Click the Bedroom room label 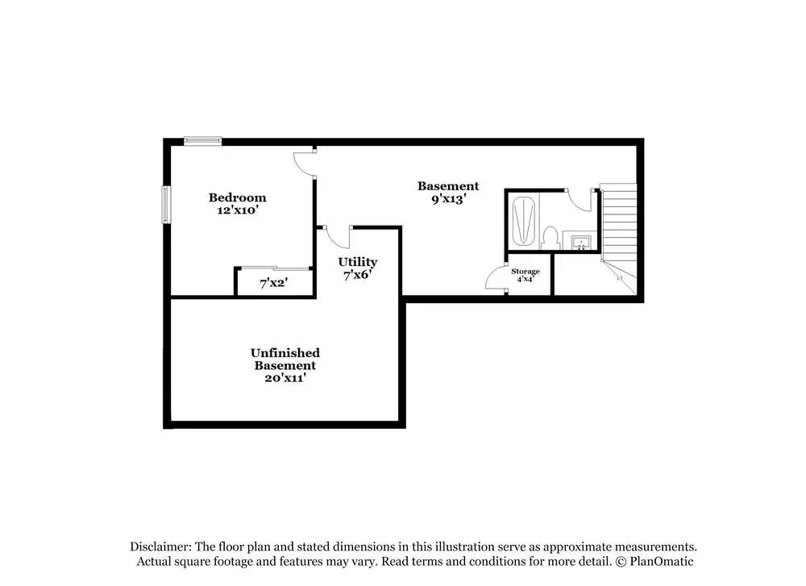pos(237,197)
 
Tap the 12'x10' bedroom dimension pos(237,210)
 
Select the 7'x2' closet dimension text pos(273,283)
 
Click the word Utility pos(358,262)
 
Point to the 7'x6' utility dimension pos(358,275)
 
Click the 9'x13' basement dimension pos(448,199)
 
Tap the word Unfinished pos(285,353)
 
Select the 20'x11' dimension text pos(285,378)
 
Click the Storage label pos(526,272)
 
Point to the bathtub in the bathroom pos(525,222)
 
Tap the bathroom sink pos(582,242)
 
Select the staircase pos(619,239)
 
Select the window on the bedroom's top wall pos(203,141)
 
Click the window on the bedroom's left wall pos(166,205)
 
